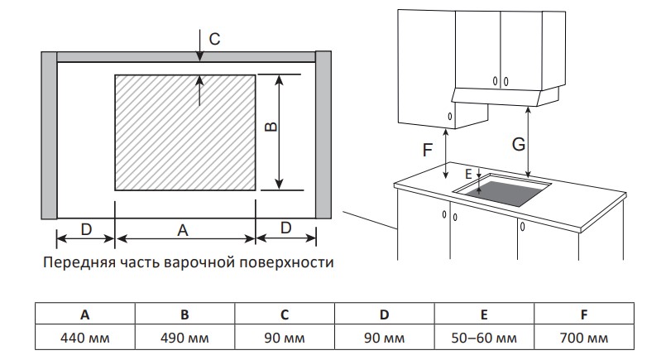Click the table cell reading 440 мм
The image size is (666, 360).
[x=85, y=338]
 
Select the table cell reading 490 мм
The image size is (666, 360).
[x=185, y=338]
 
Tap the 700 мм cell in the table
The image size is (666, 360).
[x=585, y=338]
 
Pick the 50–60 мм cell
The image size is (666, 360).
[x=485, y=338]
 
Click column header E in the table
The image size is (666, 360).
[x=485, y=314]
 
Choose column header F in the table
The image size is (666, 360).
[x=585, y=314]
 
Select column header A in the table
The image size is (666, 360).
[x=85, y=314]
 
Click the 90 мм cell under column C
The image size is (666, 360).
[x=285, y=338]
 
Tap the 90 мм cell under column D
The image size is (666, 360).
[x=385, y=338]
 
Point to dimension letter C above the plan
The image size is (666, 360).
[x=214, y=38]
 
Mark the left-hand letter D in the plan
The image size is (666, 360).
[x=85, y=228]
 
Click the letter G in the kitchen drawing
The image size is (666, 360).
[x=518, y=143]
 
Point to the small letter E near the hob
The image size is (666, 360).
[x=468, y=175]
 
